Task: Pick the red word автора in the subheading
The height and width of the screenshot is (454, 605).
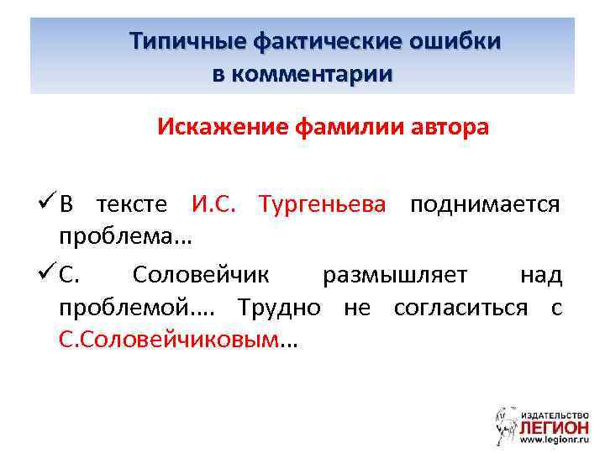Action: point(447,129)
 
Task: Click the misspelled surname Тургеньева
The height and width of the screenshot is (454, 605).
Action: point(324,204)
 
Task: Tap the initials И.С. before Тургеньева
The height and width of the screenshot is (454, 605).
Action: point(219,204)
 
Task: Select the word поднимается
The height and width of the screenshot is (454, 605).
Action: point(485,204)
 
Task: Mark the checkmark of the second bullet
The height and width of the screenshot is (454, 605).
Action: point(46,273)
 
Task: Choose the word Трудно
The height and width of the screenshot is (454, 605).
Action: point(278,308)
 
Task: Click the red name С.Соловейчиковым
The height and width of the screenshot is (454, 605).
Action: point(167,340)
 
